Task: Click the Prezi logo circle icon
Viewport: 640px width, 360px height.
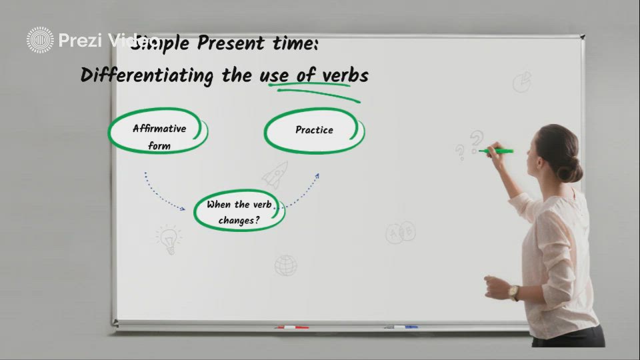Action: point(40,40)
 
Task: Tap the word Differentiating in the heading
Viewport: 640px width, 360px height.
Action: point(147,75)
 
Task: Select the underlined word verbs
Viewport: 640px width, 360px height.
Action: point(345,75)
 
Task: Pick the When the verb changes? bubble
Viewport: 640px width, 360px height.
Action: point(239,212)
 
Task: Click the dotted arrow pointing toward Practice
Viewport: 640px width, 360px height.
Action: point(303,190)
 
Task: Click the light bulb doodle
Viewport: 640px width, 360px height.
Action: point(169,239)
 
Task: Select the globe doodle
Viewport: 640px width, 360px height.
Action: point(286,265)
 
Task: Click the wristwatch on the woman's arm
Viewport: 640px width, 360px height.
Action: point(514,293)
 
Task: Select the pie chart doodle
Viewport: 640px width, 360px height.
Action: point(522,82)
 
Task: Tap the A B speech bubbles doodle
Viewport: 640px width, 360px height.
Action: point(401,233)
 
